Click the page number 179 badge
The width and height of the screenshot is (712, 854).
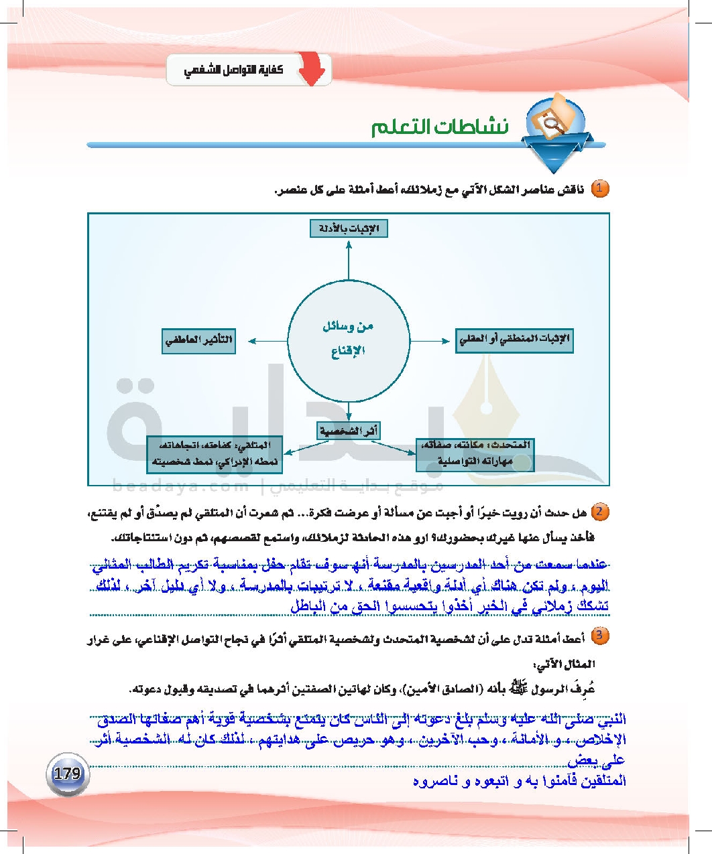point(67,774)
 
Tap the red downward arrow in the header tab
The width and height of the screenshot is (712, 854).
point(311,70)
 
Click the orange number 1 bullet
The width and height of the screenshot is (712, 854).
point(599,188)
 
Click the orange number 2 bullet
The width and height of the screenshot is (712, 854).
point(599,512)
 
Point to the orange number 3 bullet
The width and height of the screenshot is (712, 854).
point(599,636)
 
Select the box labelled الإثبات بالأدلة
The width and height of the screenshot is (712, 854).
point(349,228)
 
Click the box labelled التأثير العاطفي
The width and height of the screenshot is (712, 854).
point(198,340)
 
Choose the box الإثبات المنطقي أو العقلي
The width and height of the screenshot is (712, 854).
point(514,340)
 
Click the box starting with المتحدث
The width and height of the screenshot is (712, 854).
point(475,453)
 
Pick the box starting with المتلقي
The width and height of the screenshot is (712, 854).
point(215,453)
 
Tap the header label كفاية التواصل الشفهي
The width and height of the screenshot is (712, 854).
point(233,70)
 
